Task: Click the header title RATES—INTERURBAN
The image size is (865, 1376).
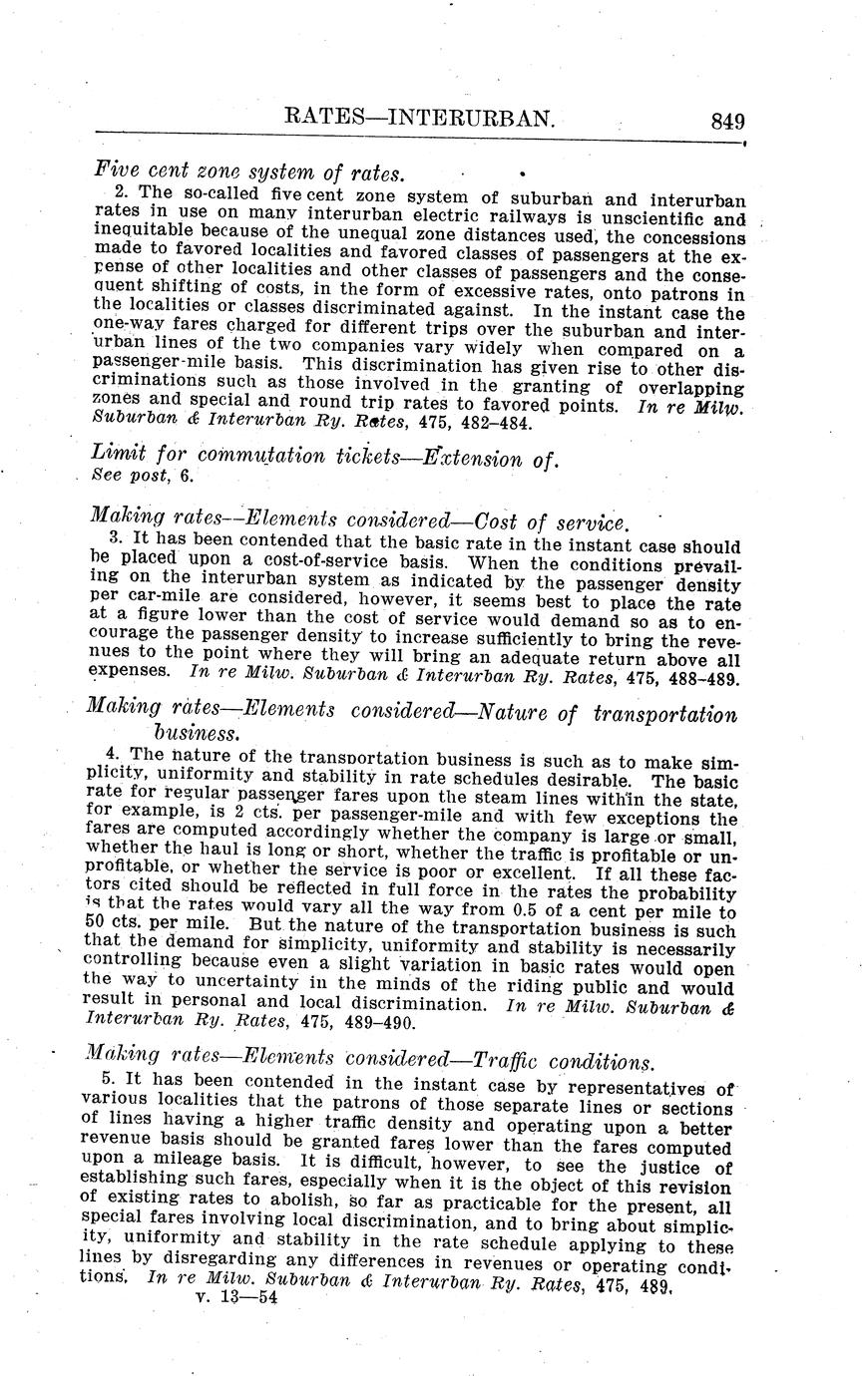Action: [419, 119]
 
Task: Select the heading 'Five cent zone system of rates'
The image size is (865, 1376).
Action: [248, 172]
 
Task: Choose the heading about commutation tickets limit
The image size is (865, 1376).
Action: [323, 457]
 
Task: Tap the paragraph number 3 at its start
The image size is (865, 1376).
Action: [112, 546]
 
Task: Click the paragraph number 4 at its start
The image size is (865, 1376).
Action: [112, 754]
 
